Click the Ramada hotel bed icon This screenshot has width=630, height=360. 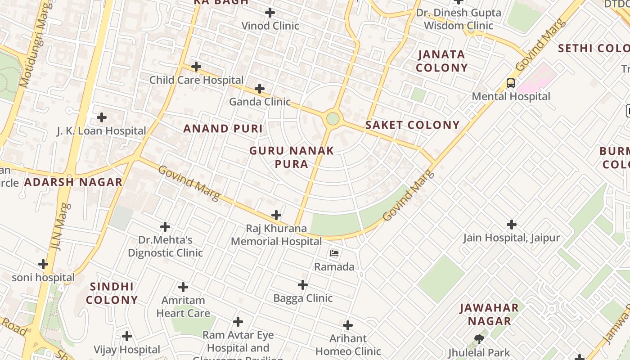click(x=334, y=253)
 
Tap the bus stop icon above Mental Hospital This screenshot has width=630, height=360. click(x=511, y=83)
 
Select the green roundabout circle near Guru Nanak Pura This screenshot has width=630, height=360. click(x=333, y=119)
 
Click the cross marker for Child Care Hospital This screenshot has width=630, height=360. click(x=196, y=67)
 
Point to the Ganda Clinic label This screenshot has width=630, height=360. click(x=260, y=102)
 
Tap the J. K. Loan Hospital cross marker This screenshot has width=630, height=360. click(x=102, y=117)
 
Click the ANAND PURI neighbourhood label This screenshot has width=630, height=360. click(x=223, y=129)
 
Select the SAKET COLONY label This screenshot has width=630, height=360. click(x=412, y=125)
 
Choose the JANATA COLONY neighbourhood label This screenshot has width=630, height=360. click(x=441, y=61)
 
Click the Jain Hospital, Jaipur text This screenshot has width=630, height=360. click(x=512, y=238)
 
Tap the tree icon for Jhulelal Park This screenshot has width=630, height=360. click(x=479, y=339)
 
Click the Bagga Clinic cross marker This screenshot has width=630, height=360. click(x=303, y=285)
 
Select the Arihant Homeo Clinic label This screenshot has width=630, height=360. click(x=348, y=345)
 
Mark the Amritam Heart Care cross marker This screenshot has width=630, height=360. click(x=183, y=287)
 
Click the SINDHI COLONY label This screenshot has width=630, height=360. click(x=112, y=293)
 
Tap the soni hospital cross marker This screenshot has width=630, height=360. click(x=43, y=264)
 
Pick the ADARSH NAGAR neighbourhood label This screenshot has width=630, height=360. click(x=73, y=182)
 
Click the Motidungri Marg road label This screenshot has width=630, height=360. click(x=34, y=45)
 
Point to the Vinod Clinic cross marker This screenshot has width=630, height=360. click(x=270, y=13)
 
